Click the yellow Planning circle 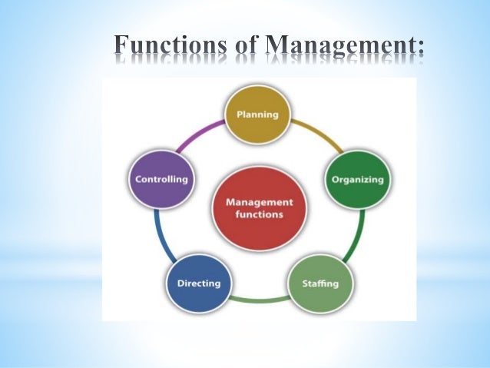pyautogui.click(x=257, y=115)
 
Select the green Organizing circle pyautogui.click(x=357, y=180)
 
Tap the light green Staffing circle pyautogui.click(x=323, y=283)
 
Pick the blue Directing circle pyautogui.click(x=198, y=283)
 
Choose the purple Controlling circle pyautogui.click(x=161, y=179)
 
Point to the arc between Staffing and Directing pyautogui.click(x=260, y=298)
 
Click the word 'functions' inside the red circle pyautogui.click(x=258, y=214)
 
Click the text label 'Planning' pyautogui.click(x=257, y=115)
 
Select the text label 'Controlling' pyautogui.click(x=161, y=179)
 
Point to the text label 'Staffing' pyautogui.click(x=323, y=283)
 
